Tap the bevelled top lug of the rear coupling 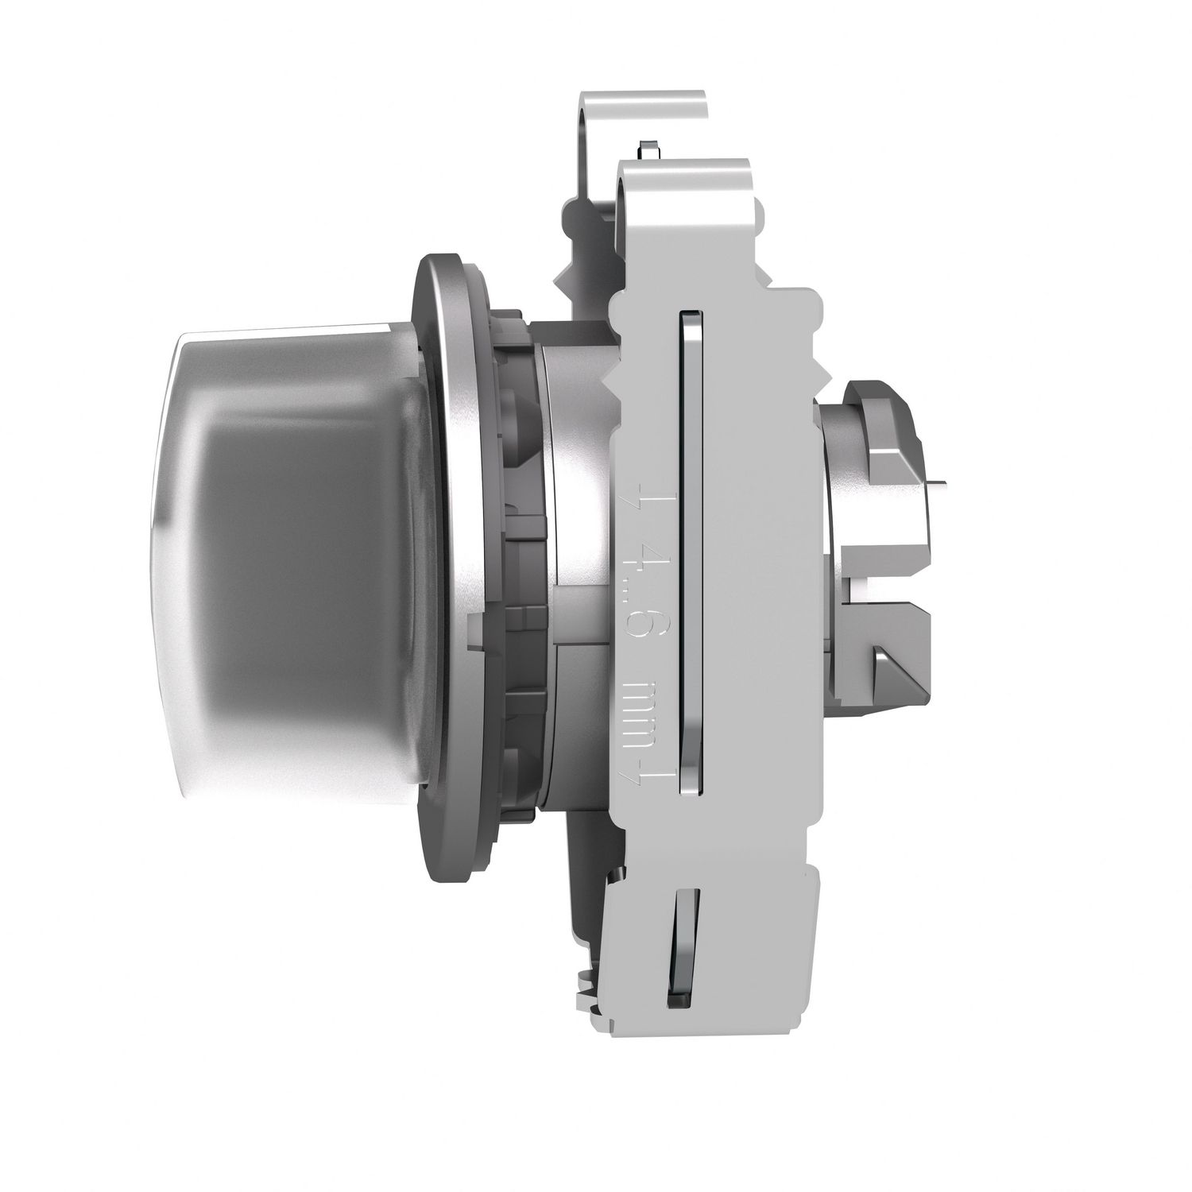coord(882,413)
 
